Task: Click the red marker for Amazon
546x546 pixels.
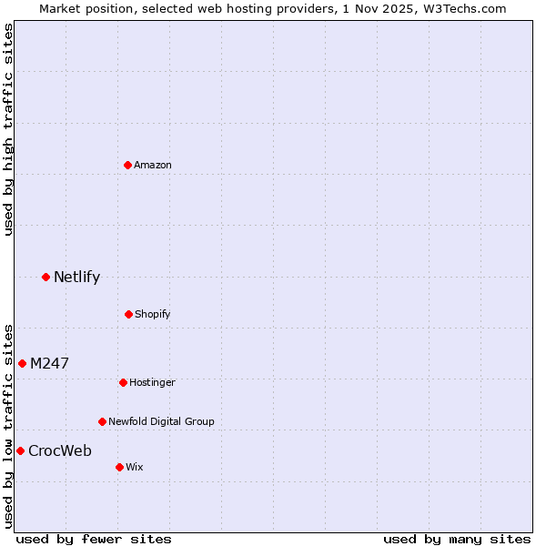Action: coord(127,165)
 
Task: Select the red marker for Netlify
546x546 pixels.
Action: coord(45,277)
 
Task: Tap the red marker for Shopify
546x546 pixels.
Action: coord(128,314)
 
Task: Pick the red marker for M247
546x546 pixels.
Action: coord(22,363)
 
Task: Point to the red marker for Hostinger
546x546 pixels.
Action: coord(123,382)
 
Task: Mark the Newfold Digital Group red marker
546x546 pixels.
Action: coord(102,421)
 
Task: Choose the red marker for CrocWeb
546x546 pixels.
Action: coord(20,450)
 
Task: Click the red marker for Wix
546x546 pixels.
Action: coord(119,467)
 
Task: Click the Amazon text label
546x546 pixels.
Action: coord(153,165)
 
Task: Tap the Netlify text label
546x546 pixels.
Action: coord(76,277)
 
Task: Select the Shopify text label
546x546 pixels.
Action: coord(153,314)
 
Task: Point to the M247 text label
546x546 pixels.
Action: coord(49,363)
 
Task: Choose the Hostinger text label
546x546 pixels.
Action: coord(152,382)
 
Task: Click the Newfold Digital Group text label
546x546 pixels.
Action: coord(161,421)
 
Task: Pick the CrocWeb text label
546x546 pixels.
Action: coord(60,450)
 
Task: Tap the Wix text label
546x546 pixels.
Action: coord(135,467)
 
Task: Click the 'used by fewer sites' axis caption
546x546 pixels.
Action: coord(94,539)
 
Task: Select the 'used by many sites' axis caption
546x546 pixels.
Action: coord(457,539)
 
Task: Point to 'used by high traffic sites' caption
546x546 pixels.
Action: coord(8,129)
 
